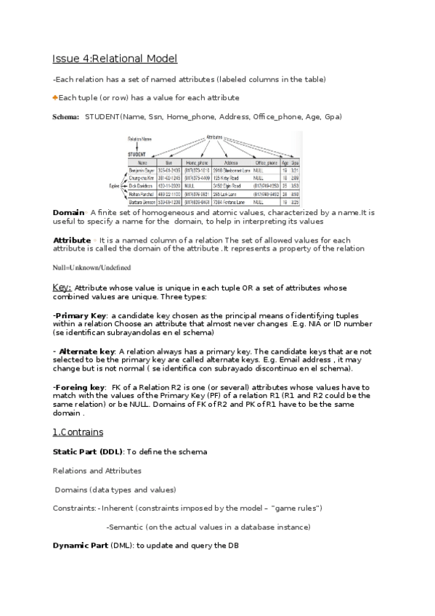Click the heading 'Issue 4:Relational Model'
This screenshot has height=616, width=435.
(115, 59)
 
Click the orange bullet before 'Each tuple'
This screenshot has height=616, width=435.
(54, 97)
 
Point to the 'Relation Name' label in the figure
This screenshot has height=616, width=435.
(140, 138)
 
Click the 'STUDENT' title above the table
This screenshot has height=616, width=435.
(138, 154)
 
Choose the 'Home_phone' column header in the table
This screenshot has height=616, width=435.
(198, 163)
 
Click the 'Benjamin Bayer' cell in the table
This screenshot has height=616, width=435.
(147, 171)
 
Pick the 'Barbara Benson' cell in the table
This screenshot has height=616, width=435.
(147, 202)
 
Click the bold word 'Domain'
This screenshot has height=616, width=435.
(69, 212)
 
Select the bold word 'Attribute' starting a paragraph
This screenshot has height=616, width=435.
(72, 240)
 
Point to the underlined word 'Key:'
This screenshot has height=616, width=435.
(62, 288)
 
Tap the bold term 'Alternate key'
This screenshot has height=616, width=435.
(86, 351)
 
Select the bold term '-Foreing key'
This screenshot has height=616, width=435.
(79, 387)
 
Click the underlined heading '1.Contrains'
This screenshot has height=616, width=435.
(78, 432)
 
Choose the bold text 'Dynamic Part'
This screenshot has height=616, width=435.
(80, 545)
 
